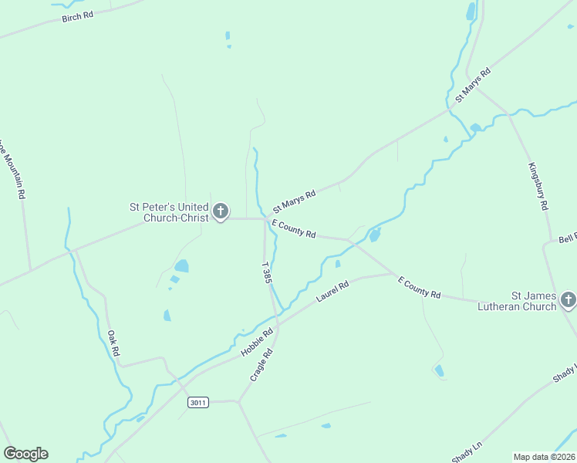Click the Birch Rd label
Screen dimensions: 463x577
(78, 16)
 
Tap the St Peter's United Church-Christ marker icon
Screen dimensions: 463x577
(221, 211)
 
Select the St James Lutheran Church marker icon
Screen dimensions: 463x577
(569, 299)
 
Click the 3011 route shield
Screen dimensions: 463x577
(198, 402)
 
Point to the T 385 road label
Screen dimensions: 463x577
(266, 273)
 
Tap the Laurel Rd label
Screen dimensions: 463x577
(333, 291)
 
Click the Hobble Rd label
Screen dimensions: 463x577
(258, 343)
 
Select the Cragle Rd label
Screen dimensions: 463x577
(262, 364)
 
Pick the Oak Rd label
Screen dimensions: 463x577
(113, 343)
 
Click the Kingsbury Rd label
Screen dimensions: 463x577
(538, 187)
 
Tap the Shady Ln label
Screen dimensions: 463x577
(467, 452)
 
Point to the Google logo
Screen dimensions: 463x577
(25, 454)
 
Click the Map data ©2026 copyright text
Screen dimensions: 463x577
(545, 456)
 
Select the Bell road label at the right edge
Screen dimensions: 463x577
(568, 238)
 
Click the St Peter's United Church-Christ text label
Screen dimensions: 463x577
(169, 212)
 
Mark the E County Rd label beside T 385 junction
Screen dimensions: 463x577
(294, 228)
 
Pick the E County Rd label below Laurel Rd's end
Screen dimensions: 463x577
(419, 289)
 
